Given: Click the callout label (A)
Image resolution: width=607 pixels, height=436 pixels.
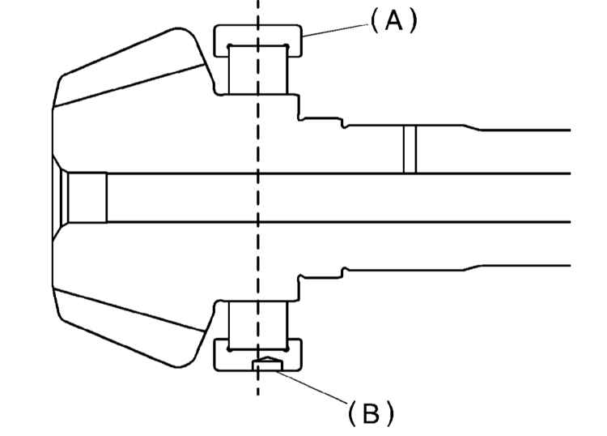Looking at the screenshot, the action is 394,21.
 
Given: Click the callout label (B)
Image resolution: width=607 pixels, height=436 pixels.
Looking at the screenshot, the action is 371,413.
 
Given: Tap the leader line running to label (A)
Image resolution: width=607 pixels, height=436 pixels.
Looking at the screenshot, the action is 335,31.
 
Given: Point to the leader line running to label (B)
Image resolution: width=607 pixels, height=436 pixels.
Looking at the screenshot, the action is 312,386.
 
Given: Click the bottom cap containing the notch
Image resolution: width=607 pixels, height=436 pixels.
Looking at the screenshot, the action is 258,355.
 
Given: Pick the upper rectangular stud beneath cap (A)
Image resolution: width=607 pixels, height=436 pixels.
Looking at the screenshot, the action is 258,70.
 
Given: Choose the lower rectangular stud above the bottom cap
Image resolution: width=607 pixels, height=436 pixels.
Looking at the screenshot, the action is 258,326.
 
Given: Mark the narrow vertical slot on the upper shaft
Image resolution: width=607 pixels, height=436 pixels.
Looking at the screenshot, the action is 410,149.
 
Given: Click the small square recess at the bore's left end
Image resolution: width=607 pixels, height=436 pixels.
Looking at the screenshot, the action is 87,198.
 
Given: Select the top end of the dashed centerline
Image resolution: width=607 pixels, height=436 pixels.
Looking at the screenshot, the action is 258,1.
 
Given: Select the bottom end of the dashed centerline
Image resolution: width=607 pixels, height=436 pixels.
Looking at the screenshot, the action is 258,395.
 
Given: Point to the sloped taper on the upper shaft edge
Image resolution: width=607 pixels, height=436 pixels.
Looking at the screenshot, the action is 472,127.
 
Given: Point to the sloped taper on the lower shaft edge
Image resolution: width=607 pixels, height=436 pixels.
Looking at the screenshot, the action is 472,267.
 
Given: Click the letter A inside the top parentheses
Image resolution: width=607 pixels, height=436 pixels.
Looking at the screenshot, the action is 394,21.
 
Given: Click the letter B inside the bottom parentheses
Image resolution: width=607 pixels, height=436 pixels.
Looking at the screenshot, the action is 371,413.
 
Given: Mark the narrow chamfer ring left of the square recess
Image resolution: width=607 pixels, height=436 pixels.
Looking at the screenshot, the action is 65,198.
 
